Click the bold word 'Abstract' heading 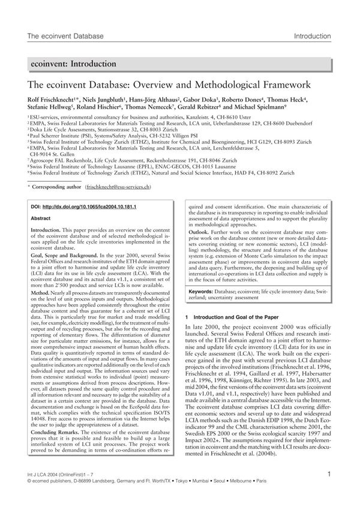pyautogui.click(x=40, y=219)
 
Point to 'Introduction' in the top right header pyautogui.click(x=313, y=37)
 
